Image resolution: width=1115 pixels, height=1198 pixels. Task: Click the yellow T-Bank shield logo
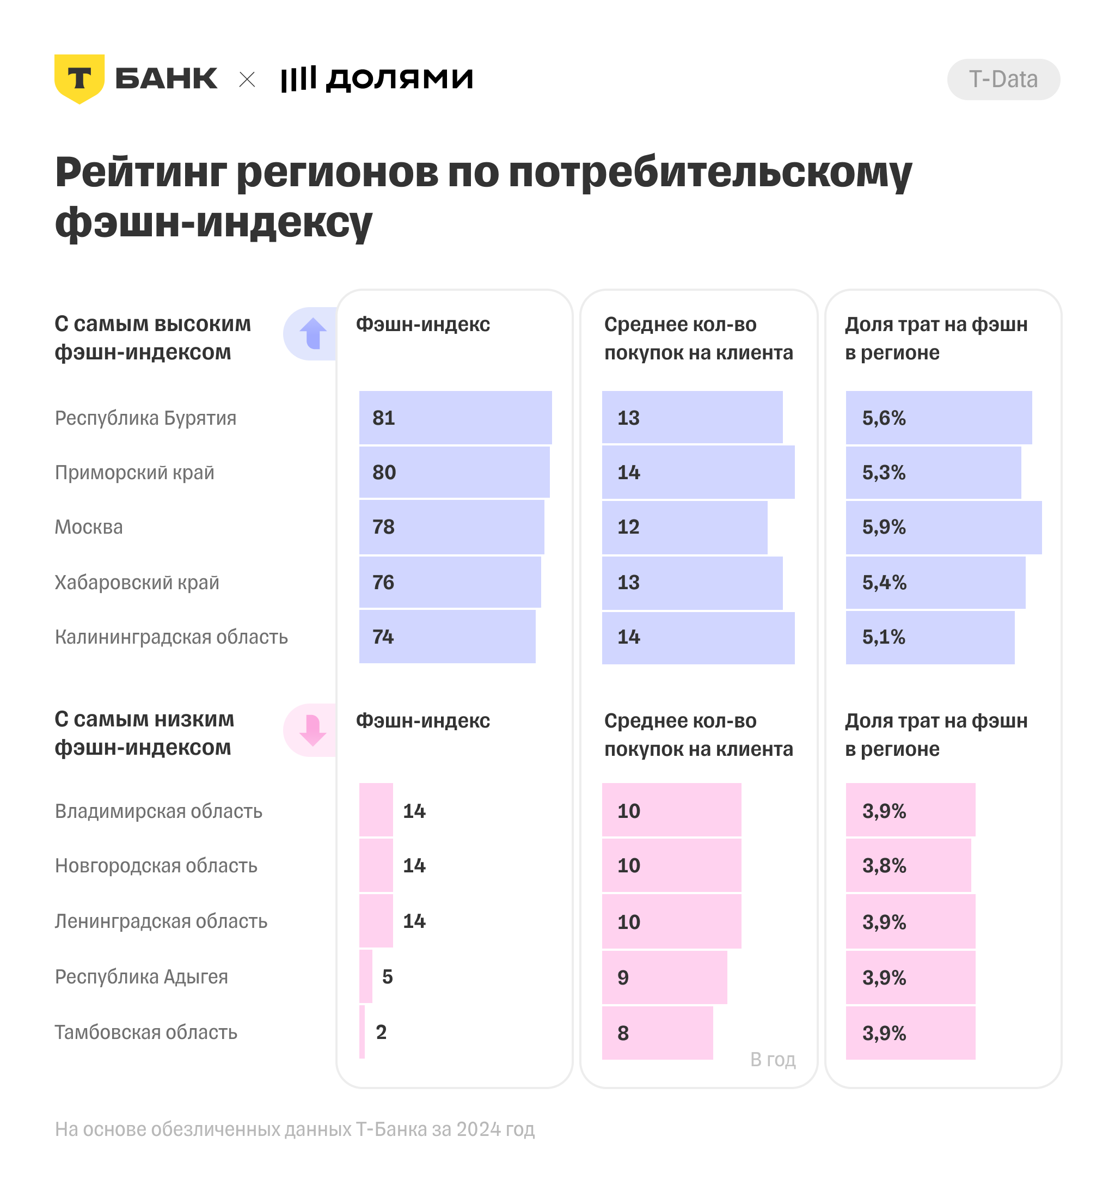tap(79, 78)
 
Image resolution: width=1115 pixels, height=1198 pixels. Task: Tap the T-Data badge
tap(1003, 80)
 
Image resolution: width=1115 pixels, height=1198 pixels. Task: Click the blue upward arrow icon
tap(313, 333)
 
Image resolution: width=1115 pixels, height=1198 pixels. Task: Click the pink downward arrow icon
tap(313, 730)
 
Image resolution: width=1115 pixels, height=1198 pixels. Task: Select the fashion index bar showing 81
tap(455, 418)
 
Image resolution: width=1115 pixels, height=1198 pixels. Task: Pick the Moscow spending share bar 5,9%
tap(943, 527)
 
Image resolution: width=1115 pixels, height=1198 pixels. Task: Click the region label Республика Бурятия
tap(145, 418)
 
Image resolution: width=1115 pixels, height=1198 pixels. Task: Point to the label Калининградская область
tap(171, 637)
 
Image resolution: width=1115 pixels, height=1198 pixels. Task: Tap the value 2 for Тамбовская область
tap(381, 1032)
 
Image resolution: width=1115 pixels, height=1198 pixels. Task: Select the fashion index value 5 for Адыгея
tap(387, 977)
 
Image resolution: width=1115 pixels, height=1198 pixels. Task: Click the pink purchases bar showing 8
tap(657, 1033)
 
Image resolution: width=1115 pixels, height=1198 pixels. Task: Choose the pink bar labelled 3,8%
tap(908, 866)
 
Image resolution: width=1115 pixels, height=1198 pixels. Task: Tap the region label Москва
tap(89, 527)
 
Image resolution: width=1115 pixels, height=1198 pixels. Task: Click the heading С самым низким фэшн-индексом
tap(143, 733)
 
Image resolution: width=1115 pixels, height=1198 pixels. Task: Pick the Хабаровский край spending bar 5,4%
tap(935, 583)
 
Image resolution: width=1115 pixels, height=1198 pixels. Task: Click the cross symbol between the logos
tap(247, 80)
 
